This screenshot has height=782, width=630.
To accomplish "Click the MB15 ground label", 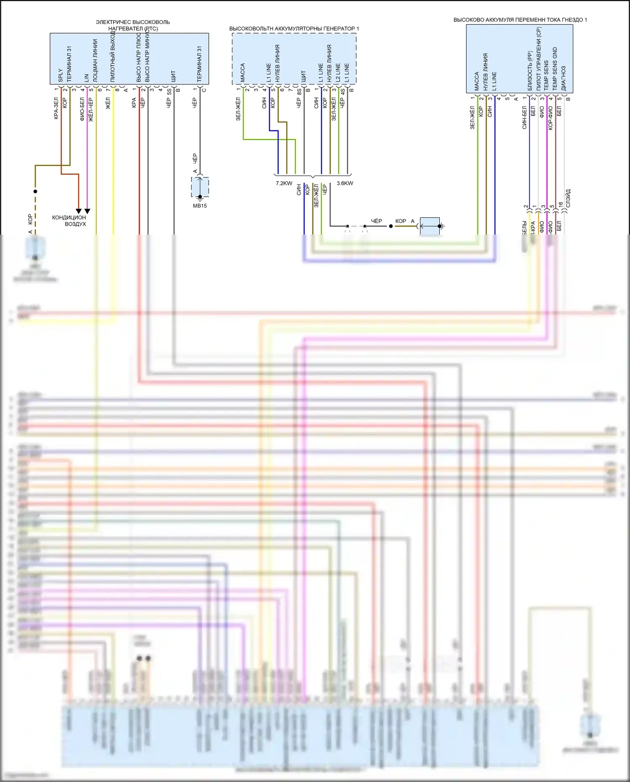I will point(200,206).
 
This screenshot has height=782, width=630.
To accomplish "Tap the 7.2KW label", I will point(284,183).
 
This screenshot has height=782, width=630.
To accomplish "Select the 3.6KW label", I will point(345,183).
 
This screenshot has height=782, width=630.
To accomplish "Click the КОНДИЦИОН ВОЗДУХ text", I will point(69,221).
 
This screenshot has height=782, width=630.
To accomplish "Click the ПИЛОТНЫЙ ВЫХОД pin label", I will point(113,57).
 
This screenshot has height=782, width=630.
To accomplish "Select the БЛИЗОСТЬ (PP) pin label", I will point(530,71).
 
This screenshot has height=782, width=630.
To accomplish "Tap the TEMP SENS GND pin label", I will point(555,69).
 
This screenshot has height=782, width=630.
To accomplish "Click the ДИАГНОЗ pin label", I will point(564,78).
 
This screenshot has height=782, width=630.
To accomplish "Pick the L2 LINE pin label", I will point(338,73).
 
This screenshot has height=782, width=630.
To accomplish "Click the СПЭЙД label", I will point(568,198).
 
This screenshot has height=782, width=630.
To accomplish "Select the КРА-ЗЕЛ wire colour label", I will point(56,108).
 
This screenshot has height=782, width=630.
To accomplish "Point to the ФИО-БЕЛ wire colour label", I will point(82,110).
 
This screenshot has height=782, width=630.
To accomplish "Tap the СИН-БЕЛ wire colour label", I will point(525,118).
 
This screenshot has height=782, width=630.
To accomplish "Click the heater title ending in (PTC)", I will point(133,25).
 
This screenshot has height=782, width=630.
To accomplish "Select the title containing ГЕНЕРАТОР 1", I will point(294,29).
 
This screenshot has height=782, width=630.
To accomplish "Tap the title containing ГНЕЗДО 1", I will point(520,20).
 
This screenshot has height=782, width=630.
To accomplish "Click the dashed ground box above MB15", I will point(200,187).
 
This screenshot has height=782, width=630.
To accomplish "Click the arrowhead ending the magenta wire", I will point(87,211).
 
